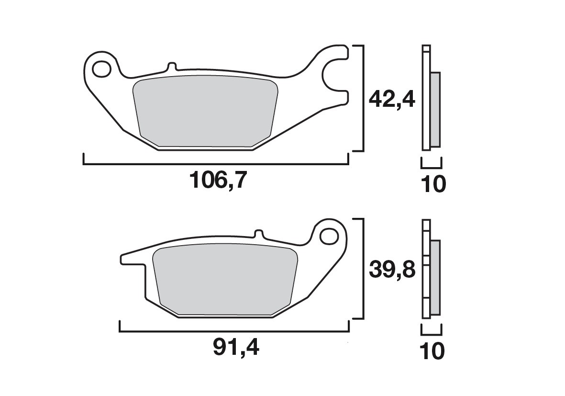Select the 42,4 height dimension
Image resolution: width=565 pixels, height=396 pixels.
[x=391, y=99]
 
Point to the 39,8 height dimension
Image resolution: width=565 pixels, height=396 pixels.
[x=391, y=271]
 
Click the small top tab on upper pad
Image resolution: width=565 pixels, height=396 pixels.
[x=172, y=67]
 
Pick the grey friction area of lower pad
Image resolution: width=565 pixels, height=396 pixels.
[x=225, y=280]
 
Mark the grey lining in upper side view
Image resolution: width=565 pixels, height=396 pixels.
[x=435, y=109]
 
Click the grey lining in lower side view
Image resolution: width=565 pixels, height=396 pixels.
[x=435, y=278]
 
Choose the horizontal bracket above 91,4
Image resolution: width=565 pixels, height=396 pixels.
[x=233, y=331]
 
